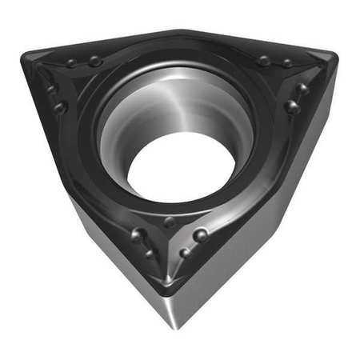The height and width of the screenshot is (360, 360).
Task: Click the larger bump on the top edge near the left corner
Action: pos(95,61)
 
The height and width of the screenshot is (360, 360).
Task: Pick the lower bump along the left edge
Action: pos(60,106)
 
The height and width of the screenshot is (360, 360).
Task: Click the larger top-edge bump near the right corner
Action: pos(264,60)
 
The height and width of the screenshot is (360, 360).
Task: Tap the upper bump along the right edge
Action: pos(302,88)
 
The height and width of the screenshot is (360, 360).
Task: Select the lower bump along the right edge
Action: pos(293,106)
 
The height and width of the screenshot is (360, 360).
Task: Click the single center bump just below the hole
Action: pos(170,222)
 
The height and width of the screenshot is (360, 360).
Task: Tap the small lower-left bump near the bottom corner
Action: pos(150,254)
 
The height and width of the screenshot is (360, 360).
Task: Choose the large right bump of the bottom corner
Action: pos(201,235)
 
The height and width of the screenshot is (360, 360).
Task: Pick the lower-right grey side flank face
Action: pos(256,240)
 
